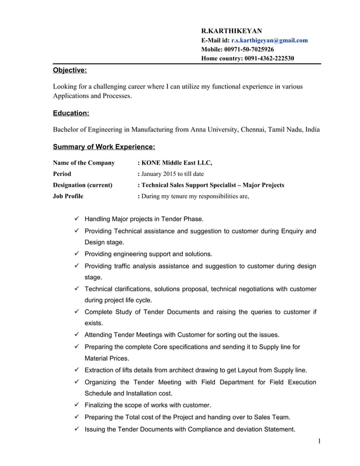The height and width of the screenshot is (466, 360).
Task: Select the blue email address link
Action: pos(269,40)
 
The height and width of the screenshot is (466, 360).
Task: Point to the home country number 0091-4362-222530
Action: pos(269,58)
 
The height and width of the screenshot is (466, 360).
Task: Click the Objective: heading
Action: pos(69,71)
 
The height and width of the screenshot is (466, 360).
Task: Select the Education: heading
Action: pos(71,113)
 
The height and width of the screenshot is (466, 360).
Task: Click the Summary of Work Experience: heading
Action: pos(104,147)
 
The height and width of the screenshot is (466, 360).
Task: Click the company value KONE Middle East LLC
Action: pos(177,163)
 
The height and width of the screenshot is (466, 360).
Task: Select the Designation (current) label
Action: pos(82,185)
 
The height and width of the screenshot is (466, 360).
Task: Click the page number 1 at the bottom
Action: pos(319,441)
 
